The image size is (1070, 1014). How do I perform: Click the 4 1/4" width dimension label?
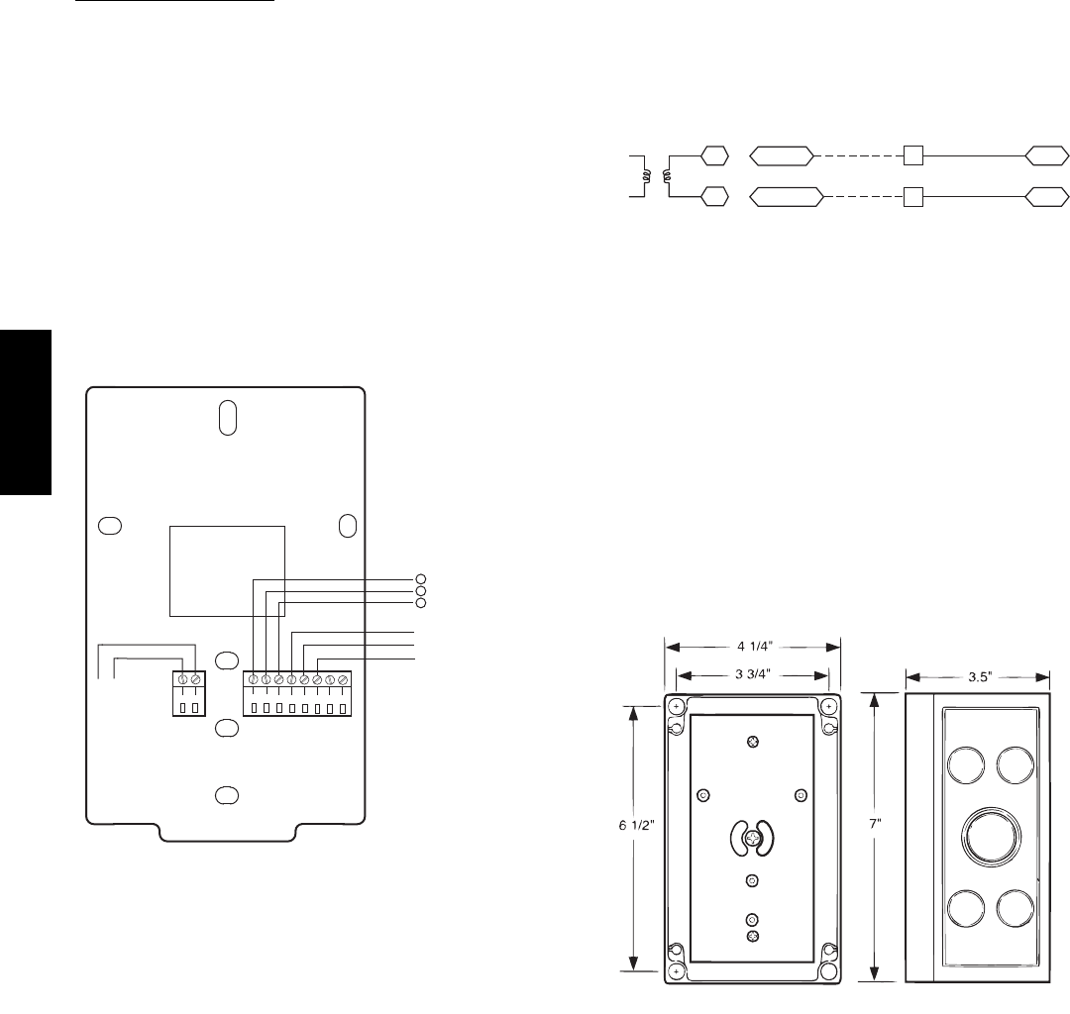point(753,646)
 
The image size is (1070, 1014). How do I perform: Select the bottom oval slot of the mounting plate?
point(226,795)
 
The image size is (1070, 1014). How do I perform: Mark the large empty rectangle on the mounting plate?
point(227,571)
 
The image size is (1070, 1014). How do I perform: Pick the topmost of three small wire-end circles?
point(420,578)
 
